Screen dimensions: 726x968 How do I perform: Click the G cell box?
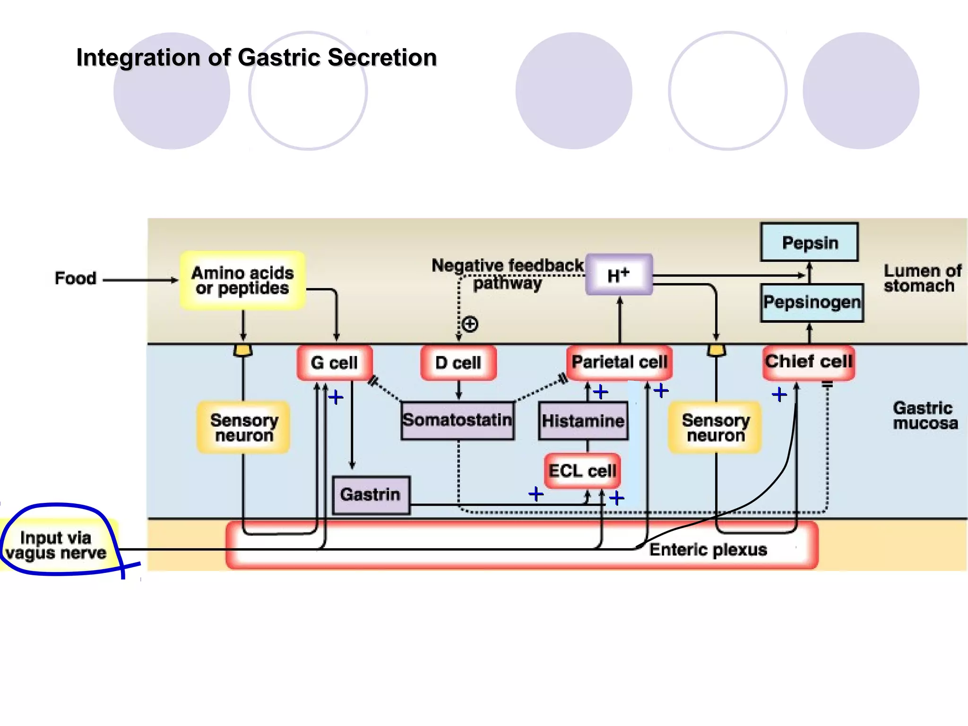coord(335,363)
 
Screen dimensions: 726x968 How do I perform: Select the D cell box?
coord(458,363)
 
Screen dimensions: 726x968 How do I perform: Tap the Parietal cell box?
coord(619,362)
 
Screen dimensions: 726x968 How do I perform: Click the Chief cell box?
coord(809,362)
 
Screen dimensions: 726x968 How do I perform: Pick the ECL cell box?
coord(582,471)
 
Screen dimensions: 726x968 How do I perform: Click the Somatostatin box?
coord(457,420)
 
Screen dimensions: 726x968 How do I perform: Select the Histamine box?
coord(583,421)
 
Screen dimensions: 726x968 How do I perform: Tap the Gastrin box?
coord(371,494)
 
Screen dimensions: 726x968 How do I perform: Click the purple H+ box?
coord(619,275)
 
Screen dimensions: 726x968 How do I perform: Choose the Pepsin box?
coord(809,242)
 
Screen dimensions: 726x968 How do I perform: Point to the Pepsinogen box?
coord(812,302)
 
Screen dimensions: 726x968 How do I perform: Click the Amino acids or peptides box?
coord(242,280)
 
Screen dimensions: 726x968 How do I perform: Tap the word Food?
coord(76,278)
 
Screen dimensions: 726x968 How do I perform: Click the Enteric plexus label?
coord(708,550)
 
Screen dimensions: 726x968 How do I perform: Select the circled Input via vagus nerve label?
coord(56,545)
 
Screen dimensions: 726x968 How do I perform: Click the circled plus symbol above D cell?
coord(470,324)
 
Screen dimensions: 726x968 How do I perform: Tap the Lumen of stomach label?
coord(922,278)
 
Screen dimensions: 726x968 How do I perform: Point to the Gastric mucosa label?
coord(925,415)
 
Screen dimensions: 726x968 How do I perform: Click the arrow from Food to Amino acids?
coord(140,280)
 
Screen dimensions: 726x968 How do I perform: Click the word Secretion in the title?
coord(382,58)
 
